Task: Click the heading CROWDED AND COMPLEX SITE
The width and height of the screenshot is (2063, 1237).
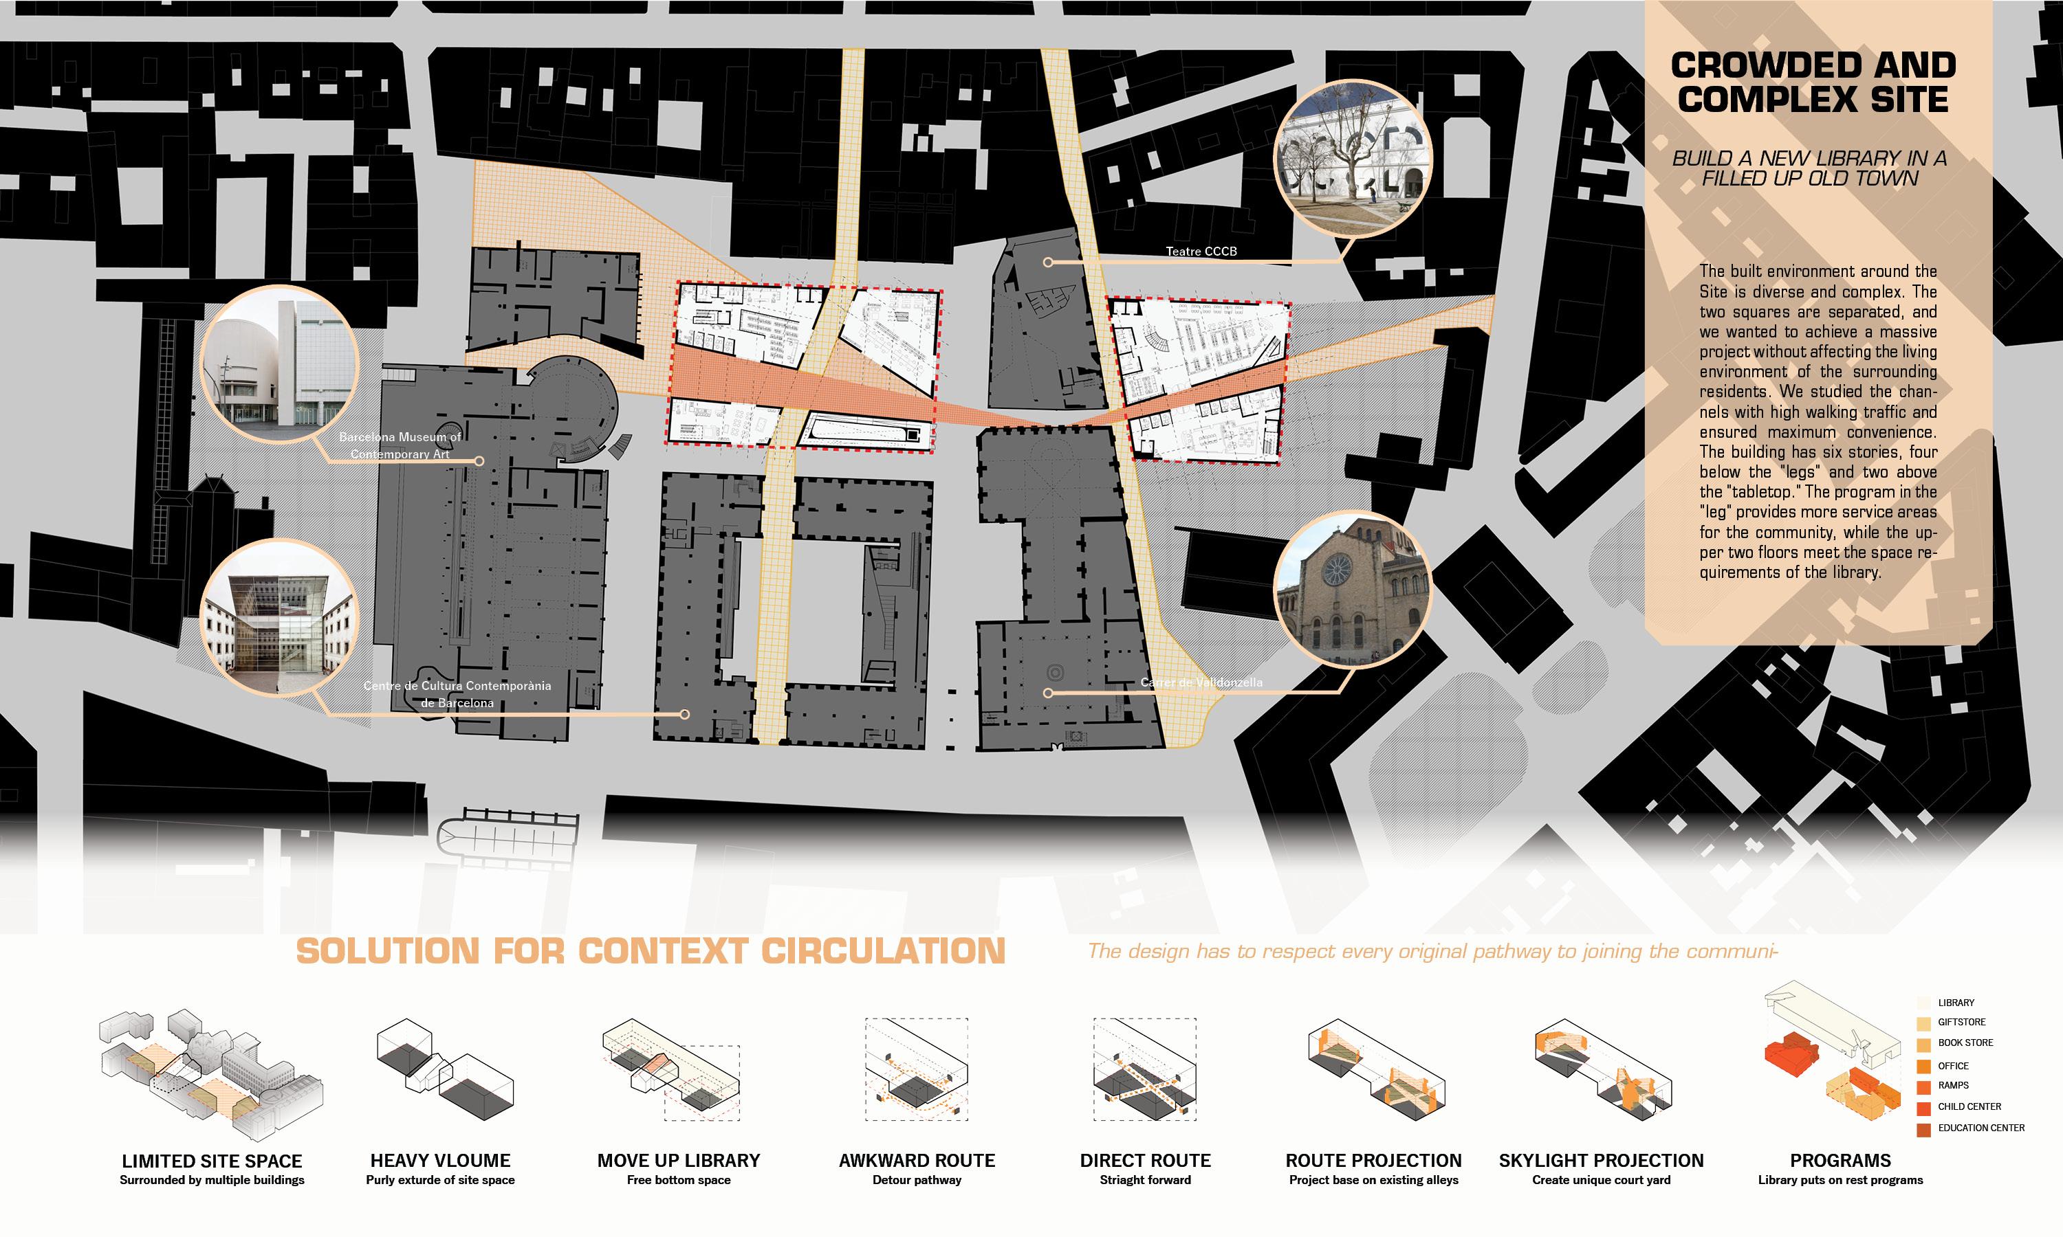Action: pos(1813,82)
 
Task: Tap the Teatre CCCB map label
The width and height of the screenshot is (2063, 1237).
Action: pos(1201,251)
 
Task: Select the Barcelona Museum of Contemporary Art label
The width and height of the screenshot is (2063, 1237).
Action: pos(400,445)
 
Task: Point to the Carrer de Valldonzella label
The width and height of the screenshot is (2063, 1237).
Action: pos(1201,682)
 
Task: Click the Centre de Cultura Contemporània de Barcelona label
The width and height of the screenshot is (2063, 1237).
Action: pos(457,694)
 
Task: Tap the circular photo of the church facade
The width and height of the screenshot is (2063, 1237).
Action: pos(1352,588)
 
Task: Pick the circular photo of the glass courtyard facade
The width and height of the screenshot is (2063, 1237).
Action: pos(279,618)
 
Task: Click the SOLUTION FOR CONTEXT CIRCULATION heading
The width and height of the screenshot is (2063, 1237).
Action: pos(651,951)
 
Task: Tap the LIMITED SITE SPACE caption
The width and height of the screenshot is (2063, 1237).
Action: pos(212,1160)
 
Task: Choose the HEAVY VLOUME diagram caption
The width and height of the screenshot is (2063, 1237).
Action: pos(440,1160)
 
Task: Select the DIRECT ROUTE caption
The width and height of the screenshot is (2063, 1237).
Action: pos(1145,1160)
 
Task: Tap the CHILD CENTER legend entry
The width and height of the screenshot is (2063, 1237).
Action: pos(1969,1107)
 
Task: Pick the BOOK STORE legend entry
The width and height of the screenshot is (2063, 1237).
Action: pos(1965,1043)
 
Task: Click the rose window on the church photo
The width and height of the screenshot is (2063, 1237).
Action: pos(1336,569)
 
